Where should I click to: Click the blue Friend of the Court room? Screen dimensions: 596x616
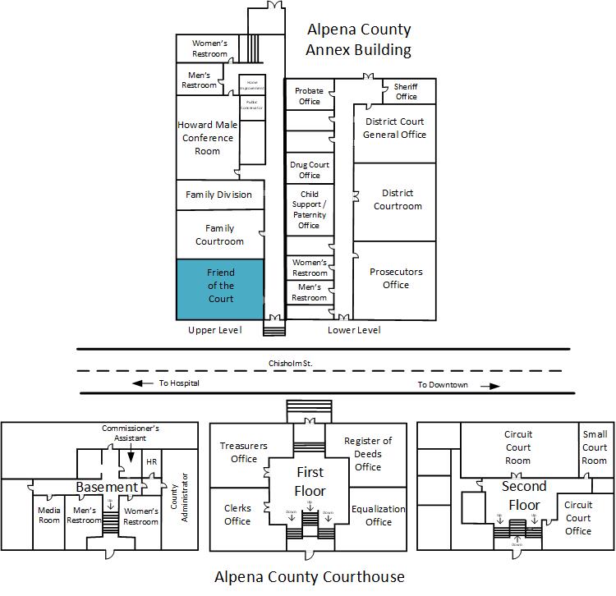click(220, 288)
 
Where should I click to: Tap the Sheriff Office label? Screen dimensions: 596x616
click(406, 91)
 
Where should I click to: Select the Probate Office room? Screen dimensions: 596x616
click(309, 96)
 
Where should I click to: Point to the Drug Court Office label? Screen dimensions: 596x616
click(309, 170)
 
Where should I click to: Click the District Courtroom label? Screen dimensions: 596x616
click(398, 199)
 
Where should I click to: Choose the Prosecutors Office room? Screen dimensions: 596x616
click(395, 278)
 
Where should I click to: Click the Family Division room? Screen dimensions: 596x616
click(218, 195)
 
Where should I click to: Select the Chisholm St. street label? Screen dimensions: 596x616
click(291, 362)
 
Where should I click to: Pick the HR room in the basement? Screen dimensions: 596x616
click(151, 462)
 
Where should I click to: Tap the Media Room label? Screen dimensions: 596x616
click(49, 516)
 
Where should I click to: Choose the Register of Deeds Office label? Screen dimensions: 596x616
click(368, 454)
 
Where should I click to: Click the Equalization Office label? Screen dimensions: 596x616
click(378, 515)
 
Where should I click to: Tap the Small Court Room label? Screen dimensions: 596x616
click(595, 447)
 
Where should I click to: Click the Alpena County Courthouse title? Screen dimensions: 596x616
click(310, 576)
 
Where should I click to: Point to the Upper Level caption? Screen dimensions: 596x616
click(214, 330)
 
